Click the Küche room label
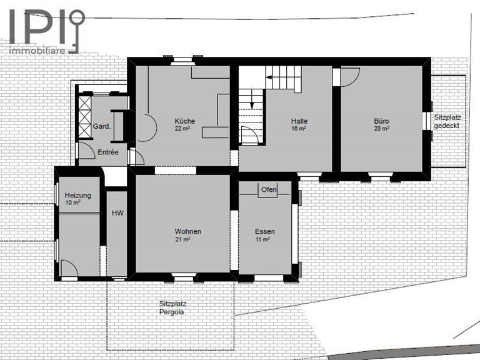point(185,121)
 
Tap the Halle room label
point(299,121)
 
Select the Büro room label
point(381,121)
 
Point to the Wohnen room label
point(188,231)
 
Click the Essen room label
point(265,231)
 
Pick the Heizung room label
point(77,195)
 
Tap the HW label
point(117,213)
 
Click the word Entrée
point(107,152)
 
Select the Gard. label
point(102,126)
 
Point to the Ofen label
point(269,190)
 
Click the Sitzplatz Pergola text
point(172,308)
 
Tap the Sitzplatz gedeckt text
point(447,121)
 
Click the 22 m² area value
point(182,129)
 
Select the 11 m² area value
point(262,239)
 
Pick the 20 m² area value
point(381,129)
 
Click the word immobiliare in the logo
point(37,51)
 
